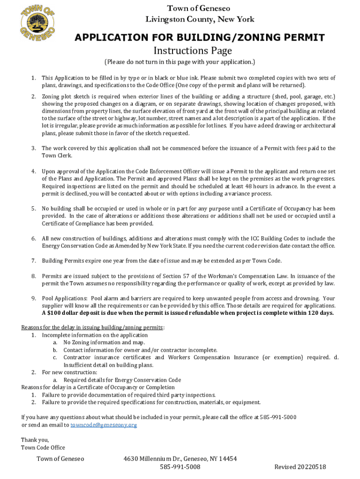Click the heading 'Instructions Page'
(193, 51)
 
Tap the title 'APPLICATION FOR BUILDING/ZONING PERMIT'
(200, 38)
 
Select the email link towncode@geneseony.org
(103, 425)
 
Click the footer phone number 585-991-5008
(180, 467)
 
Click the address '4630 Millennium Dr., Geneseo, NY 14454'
(180, 459)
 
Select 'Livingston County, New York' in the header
(200, 19)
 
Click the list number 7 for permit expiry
(34, 261)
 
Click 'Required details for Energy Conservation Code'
(122, 380)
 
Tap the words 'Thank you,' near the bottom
(35, 440)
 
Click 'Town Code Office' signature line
(43, 448)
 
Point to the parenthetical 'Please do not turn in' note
(180, 62)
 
